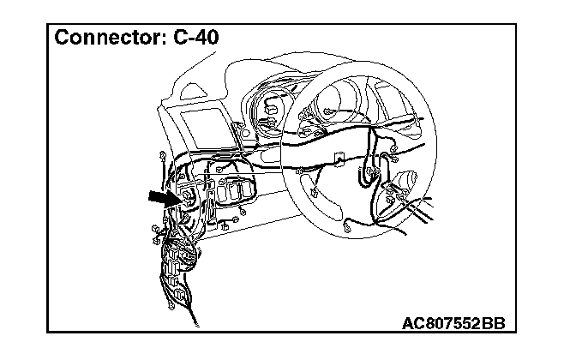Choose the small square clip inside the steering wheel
(339, 159)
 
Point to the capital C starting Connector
(63, 39)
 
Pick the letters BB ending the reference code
(492, 323)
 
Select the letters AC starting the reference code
(414, 323)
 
